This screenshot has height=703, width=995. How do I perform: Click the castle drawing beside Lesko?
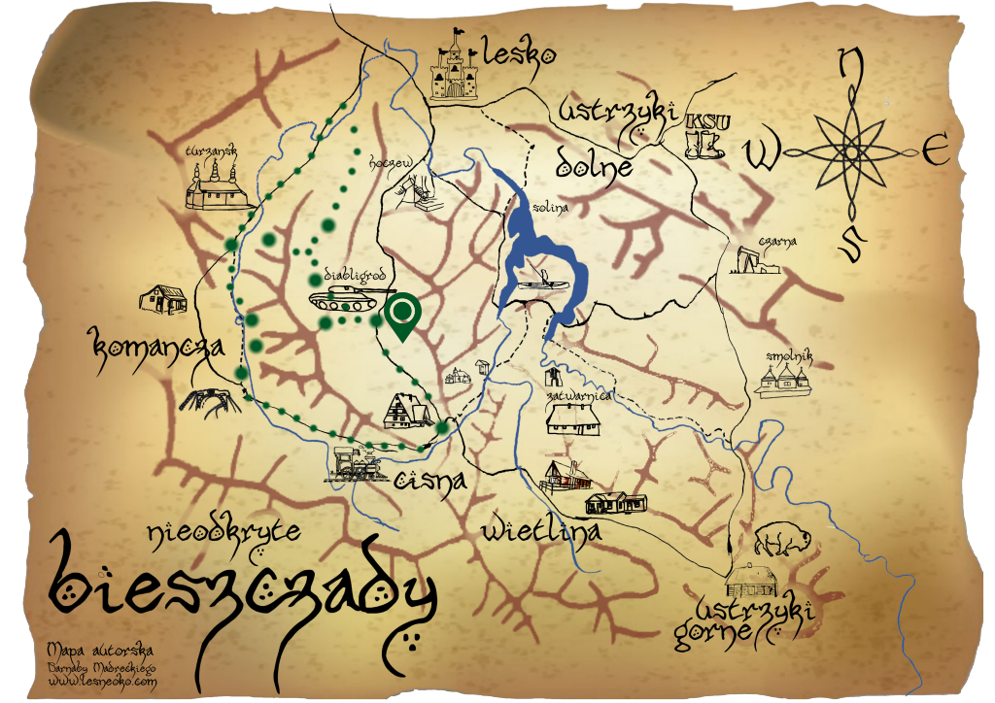[x=455, y=69]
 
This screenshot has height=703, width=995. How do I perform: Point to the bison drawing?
[x=776, y=538]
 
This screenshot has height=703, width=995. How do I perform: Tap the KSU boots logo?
[x=704, y=135]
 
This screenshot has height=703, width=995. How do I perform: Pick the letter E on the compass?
[x=935, y=151]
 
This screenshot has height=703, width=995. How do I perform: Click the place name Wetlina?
[x=540, y=530]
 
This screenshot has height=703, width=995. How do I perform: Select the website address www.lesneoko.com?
[x=101, y=683]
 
